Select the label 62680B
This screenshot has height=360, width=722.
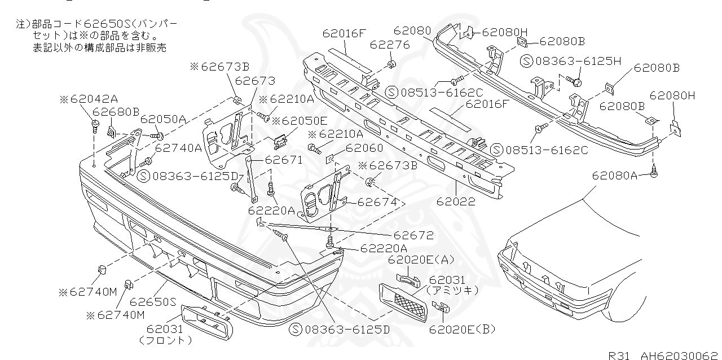[116, 112]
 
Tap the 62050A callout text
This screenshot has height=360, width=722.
[163, 119]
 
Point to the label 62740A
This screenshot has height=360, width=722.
[178, 148]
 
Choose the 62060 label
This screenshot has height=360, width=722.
[364, 148]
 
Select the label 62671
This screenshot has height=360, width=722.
[284, 160]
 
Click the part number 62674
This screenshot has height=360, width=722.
[377, 201]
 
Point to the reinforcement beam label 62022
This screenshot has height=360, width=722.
[455, 201]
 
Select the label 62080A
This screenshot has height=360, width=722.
[614, 175]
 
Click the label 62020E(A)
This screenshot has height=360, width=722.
[421, 260]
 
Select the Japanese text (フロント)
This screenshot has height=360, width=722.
[165, 340]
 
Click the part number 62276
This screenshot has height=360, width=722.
[390, 44]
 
